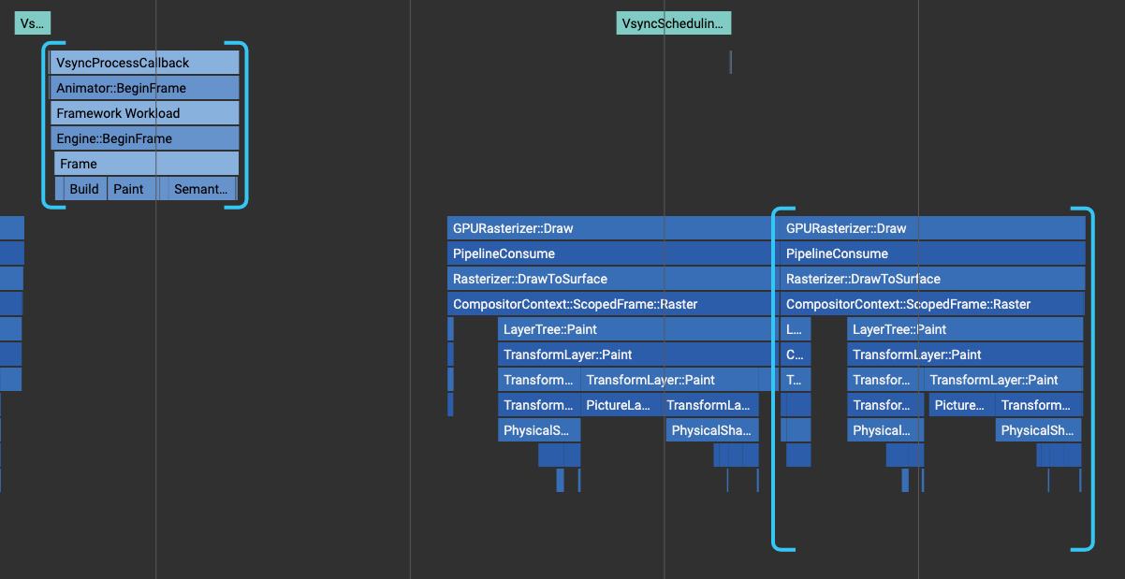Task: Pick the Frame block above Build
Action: [147, 164]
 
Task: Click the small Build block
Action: [85, 189]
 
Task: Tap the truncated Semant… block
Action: [200, 189]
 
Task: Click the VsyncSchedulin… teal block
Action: [673, 23]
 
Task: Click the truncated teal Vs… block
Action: [32, 23]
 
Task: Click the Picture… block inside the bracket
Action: [960, 405]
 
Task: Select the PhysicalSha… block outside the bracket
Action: [711, 430]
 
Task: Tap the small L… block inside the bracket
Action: [796, 329]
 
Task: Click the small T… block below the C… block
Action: [796, 380]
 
